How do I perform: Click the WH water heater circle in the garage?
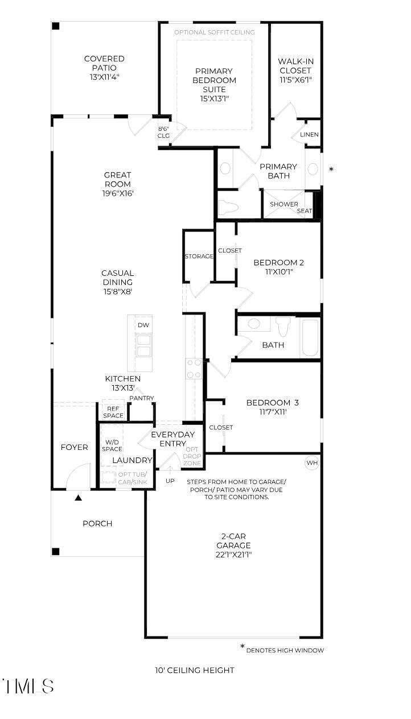pyautogui.click(x=312, y=462)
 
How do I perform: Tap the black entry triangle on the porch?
pyautogui.click(x=78, y=498)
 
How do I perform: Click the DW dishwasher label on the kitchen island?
pyautogui.click(x=143, y=325)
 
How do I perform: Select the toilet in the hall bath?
pyautogui.click(x=283, y=327)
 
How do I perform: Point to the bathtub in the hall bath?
pyautogui.click(x=310, y=337)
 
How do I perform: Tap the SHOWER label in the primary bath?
pyautogui.click(x=283, y=204)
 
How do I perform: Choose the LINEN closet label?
pyautogui.click(x=309, y=134)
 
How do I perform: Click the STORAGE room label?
pyautogui.click(x=199, y=256)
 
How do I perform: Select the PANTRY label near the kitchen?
pyautogui.click(x=142, y=398)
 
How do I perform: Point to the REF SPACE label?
pyautogui.click(x=113, y=412)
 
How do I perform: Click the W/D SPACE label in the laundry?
pyautogui.click(x=112, y=445)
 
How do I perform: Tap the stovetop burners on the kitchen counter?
pyautogui.click(x=194, y=369)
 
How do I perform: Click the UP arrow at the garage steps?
pyautogui.click(x=170, y=470)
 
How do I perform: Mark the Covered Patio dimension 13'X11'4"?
pyautogui.click(x=104, y=77)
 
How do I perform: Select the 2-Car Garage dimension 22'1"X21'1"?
pyautogui.click(x=233, y=555)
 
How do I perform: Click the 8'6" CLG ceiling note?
pyautogui.click(x=163, y=132)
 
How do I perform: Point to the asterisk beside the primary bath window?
pyautogui.click(x=331, y=169)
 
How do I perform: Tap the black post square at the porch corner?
pyautogui.click(x=56, y=551)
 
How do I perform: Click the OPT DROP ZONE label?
pyautogui.click(x=192, y=456)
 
